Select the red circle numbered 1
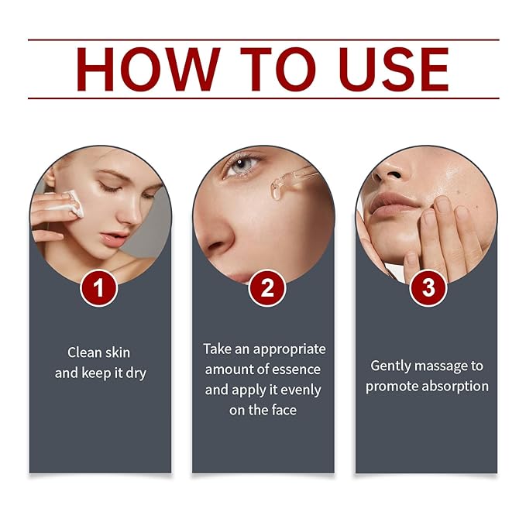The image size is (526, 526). tap(101, 288)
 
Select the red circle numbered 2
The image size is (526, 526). tap(266, 288)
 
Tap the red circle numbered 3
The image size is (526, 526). tap(428, 288)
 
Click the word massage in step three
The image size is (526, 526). tap(447, 366)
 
